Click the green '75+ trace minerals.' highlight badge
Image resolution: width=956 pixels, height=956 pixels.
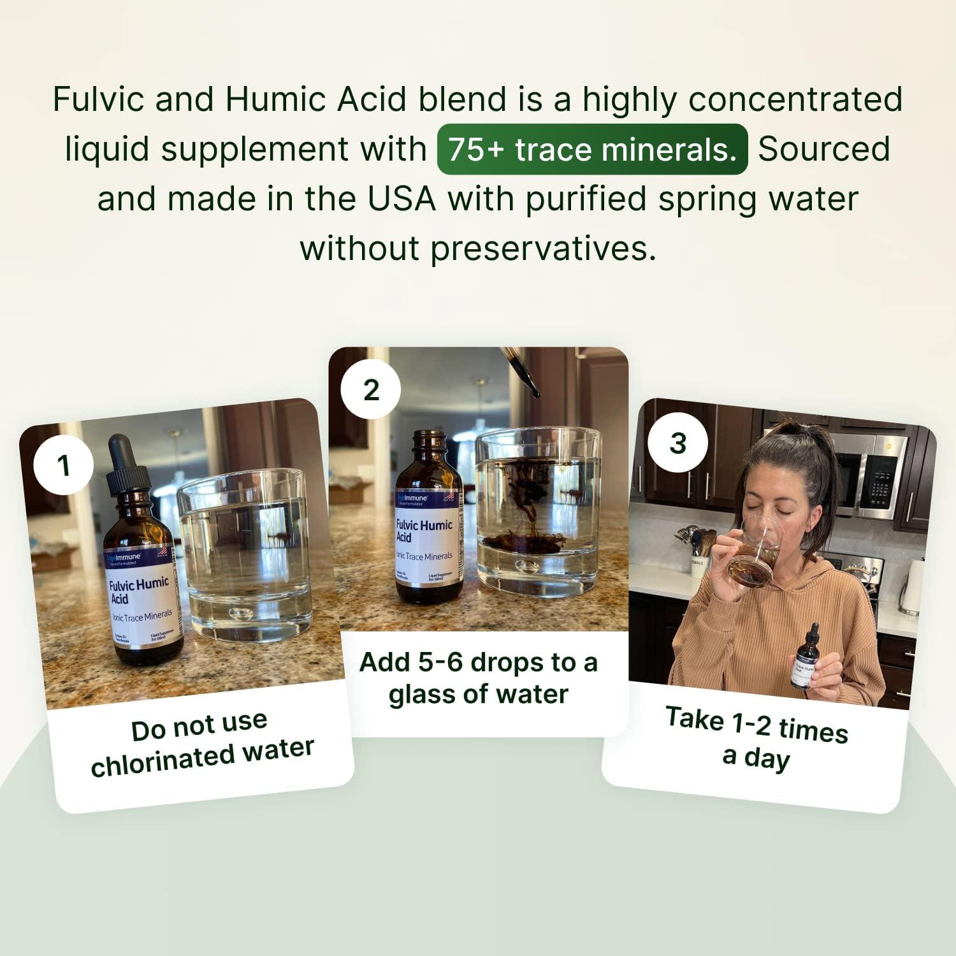592,150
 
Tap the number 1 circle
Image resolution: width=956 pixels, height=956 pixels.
63,465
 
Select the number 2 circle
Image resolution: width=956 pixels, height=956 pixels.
371,389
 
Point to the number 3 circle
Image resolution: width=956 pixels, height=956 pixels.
677,443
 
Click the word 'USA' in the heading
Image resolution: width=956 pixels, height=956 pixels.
402,199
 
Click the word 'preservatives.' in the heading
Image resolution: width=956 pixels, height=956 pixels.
543,249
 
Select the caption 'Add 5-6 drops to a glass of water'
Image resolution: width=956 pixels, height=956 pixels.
478,678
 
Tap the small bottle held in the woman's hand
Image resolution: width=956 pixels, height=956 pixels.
804,660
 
